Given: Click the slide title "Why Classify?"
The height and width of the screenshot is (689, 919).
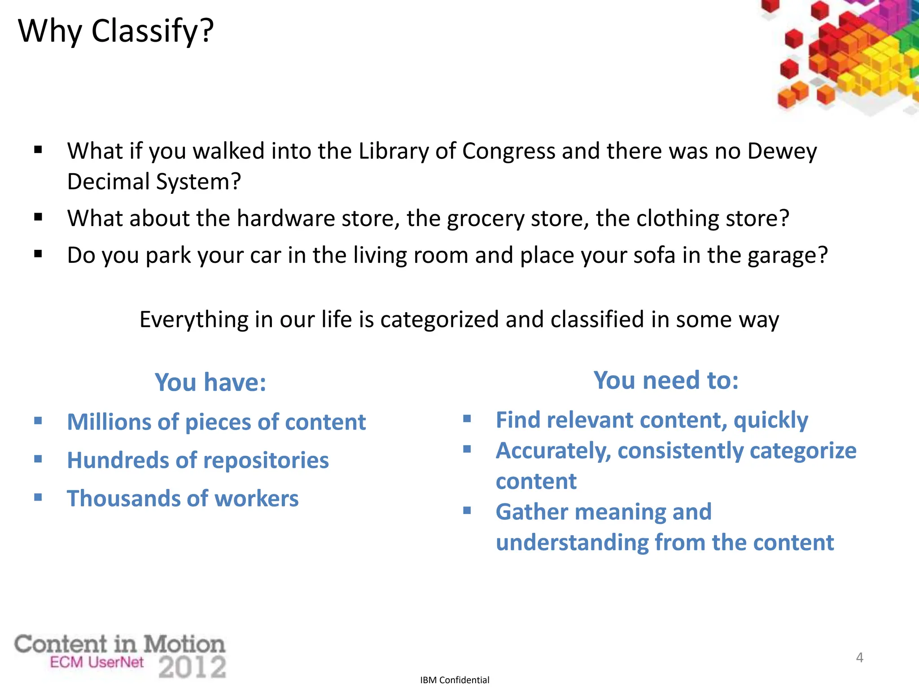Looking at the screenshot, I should pos(116,31).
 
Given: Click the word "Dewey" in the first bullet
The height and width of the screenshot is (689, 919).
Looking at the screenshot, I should pos(782,151).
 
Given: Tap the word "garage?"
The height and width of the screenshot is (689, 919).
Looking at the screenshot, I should pos(788,256).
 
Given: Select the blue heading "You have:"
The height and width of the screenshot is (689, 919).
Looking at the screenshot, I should pos(210,382).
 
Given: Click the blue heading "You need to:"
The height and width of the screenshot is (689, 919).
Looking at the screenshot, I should pos(666,380).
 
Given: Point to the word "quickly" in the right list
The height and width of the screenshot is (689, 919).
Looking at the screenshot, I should pos(770,421).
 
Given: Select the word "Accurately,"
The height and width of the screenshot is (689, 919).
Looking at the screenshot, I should pos(553,451).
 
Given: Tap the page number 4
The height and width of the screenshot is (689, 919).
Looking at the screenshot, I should pos(859,658).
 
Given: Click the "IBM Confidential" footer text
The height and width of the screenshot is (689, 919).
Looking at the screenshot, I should pos(455,680).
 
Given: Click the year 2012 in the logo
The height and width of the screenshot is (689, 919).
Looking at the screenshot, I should pos(192,667).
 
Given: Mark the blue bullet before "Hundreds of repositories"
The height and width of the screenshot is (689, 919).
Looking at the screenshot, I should pos(38,459).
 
